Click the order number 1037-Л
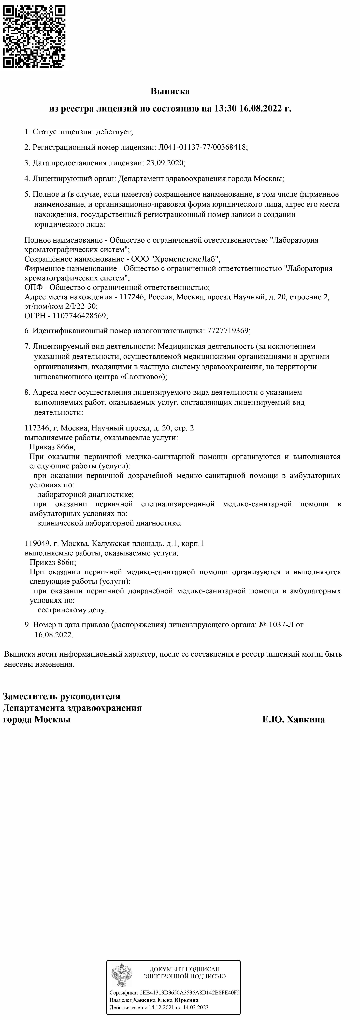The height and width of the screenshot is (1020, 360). tap(281, 625)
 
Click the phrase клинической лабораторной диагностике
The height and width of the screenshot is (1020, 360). tap(109, 523)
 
